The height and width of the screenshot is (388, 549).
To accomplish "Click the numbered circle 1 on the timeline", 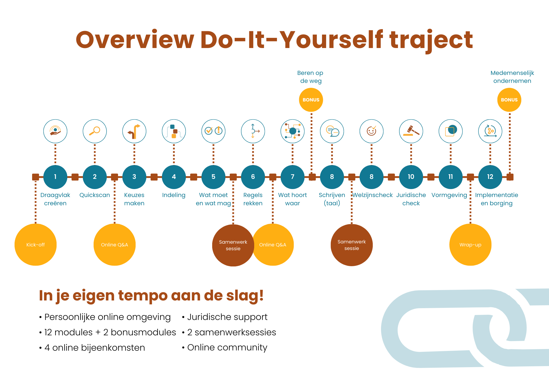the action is [55, 177].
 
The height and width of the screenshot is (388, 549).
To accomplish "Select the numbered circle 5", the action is [213, 177].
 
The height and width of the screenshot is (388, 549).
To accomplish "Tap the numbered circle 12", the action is [490, 177].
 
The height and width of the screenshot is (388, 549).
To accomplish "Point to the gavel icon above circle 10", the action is [411, 131].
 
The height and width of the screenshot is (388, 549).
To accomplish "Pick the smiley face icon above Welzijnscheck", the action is [371, 131].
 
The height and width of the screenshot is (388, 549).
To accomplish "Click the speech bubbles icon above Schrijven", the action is [332, 131].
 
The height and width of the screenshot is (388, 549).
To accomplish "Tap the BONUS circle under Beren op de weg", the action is [311, 100].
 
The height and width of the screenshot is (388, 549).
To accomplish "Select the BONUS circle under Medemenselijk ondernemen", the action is [509, 100].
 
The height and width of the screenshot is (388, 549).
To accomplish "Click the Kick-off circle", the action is [35, 245].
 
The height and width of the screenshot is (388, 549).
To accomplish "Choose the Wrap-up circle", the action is [470, 245].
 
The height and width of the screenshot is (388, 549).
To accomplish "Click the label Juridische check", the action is [411, 199].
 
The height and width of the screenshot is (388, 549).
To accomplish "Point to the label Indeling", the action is [174, 195].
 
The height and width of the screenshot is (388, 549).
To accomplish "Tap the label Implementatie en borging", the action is [497, 199].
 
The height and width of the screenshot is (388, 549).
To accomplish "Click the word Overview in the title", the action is [135, 40].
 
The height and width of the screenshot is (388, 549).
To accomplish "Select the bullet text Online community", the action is [227, 347].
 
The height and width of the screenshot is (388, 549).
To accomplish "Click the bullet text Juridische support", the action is [227, 317].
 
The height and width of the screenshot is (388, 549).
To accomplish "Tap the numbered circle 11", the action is [450, 177].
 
